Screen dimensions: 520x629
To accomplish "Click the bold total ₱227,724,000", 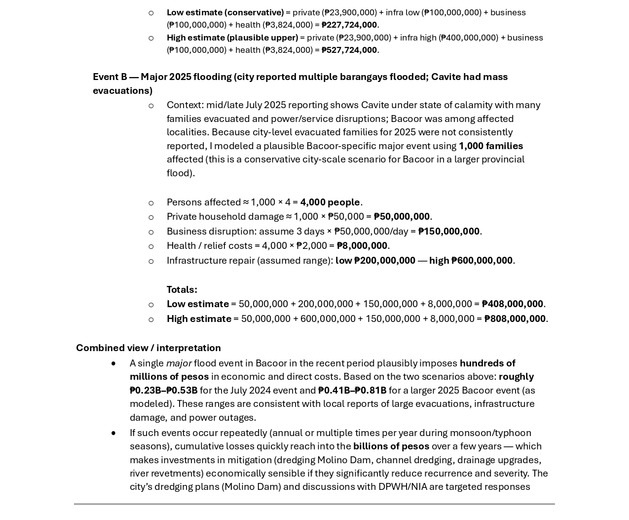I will click(349, 25).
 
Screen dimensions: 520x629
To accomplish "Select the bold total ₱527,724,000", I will click(349, 50).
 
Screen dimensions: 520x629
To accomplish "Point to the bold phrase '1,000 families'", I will click(490, 146).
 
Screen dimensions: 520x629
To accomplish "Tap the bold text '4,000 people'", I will click(330, 202).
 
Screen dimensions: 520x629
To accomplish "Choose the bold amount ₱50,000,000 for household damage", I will click(402, 216).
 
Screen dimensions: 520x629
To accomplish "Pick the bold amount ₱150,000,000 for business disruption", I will click(448, 231).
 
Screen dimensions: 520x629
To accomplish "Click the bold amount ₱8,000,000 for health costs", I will click(362, 245).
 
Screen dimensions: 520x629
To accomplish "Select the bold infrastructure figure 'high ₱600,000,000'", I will click(471, 260).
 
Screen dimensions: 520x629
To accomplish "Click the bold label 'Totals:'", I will click(182, 289).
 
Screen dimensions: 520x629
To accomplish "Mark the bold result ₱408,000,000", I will click(512, 304).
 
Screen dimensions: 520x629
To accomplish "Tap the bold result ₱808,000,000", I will click(515, 319).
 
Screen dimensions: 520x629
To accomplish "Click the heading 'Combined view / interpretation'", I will click(148, 348).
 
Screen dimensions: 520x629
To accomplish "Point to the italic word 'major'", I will click(179, 363).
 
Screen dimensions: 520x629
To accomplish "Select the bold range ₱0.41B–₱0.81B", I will click(352, 390).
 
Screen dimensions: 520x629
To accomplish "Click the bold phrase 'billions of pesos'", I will click(391, 446).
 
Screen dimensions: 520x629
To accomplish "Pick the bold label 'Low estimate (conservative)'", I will click(225, 12).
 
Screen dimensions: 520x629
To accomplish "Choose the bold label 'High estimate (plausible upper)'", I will click(232, 38).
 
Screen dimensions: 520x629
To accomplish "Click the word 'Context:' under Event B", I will click(185, 105).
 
